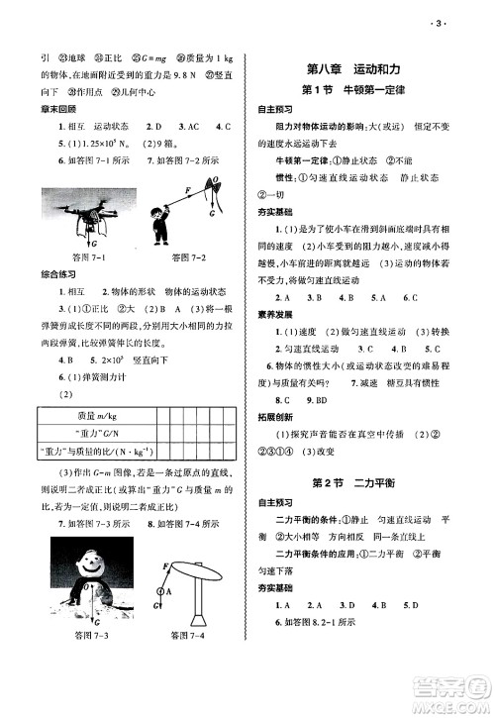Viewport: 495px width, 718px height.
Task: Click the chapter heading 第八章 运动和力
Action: pyautogui.click(x=360, y=68)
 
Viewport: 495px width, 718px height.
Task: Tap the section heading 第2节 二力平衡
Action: pyautogui.click(x=360, y=482)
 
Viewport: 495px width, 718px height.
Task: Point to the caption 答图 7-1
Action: pyautogui.click(x=64, y=256)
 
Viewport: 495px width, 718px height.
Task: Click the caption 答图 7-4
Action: pyautogui.click(x=188, y=635)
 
